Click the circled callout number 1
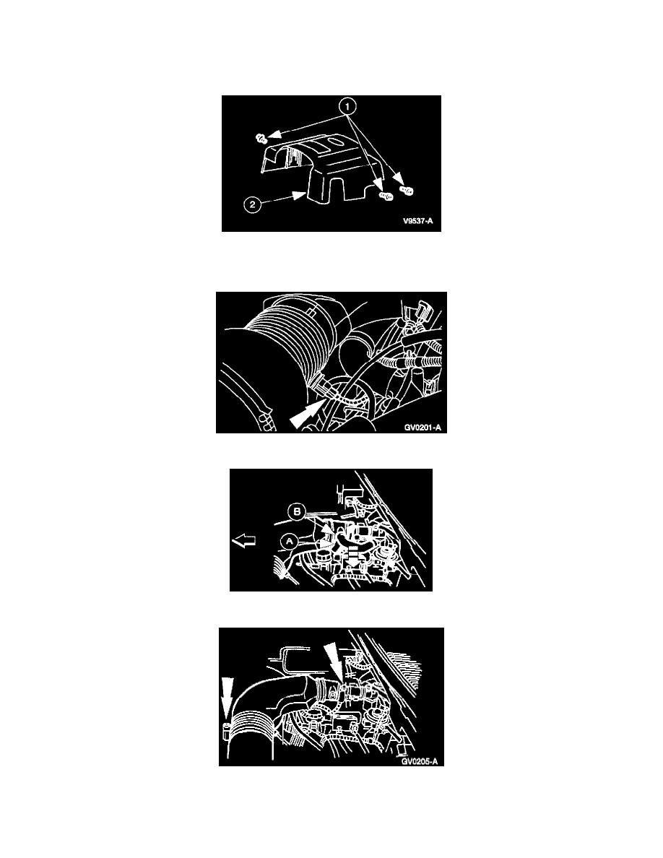pyautogui.click(x=348, y=106)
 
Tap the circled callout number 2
pyautogui.click(x=251, y=204)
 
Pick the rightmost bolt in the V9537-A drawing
pyautogui.click(x=407, y=190)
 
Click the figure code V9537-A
pyautogui.click(x=418, y=221)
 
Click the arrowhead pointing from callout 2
pyautogui.click(x=300, y=194)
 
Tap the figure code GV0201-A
pyautogui.click(x=422, y=428)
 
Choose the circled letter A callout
pyautogui.click(x=290, y=541)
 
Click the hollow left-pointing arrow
pyautogui.click(x=244, y=541)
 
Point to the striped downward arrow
pyautogui.click(x=353, y=556)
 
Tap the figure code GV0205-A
pyautogui.click(x=420, y=761)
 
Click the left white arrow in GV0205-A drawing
pyautogui.click(x=227, y=695)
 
